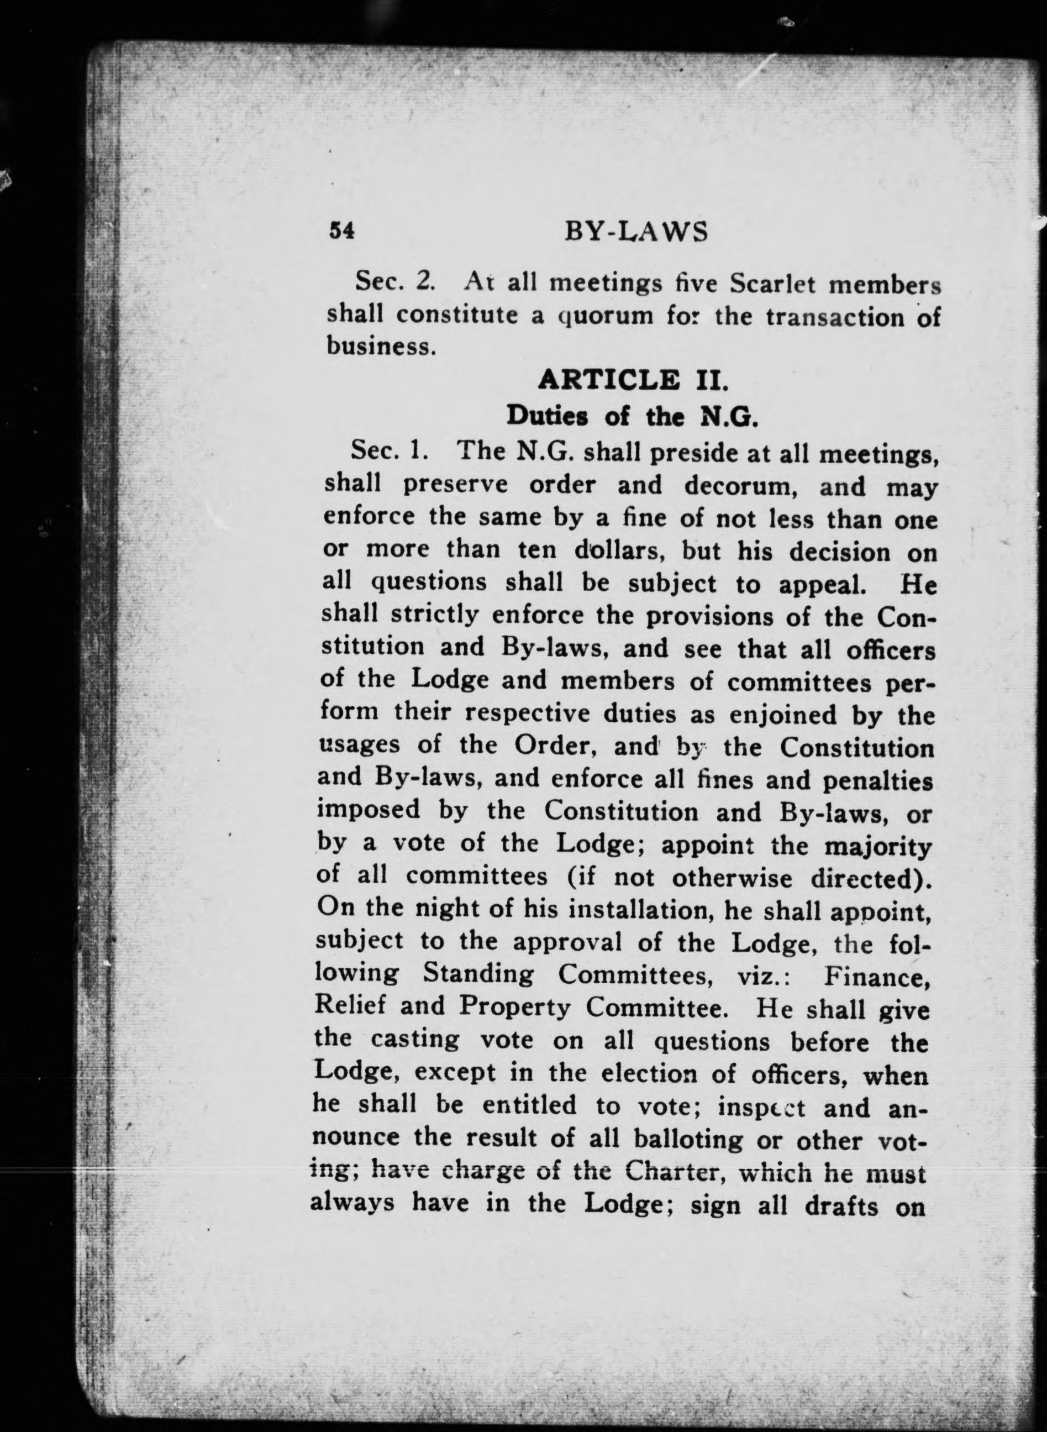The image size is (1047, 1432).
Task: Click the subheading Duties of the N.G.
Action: [x=632, y=417]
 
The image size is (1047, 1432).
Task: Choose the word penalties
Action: [x=877, y=780]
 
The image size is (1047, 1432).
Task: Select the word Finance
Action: [x=876, y=975]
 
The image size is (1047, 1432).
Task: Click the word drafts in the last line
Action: [x=841, y=1204]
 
